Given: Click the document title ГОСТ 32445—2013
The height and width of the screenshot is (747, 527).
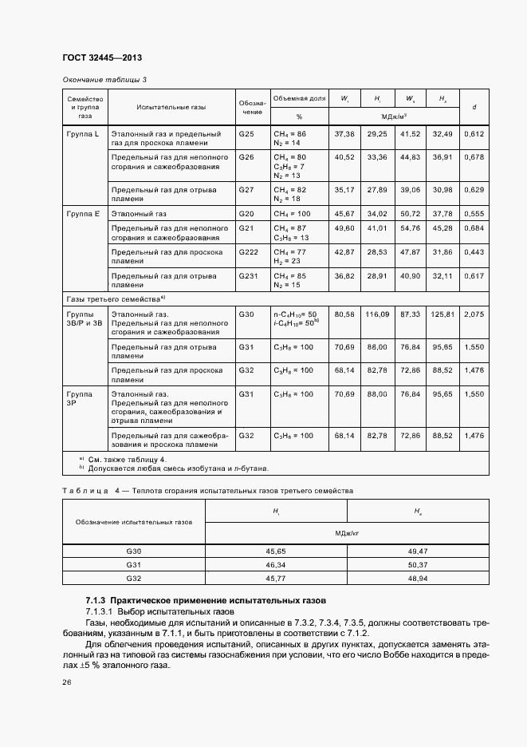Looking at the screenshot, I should [103, 57].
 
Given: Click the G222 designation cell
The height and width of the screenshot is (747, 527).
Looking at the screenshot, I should [249, 251].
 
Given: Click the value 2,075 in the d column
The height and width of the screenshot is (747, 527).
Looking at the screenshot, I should [474, 314].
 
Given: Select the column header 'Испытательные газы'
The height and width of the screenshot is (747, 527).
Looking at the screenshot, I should [171, 106].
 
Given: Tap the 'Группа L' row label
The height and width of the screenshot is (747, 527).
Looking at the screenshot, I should [83, 133].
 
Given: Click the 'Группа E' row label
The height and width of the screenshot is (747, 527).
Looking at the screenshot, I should [83, 215].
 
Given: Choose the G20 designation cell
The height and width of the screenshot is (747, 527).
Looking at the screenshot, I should [246, 215].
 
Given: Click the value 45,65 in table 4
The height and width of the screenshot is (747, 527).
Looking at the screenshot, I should [276, 551].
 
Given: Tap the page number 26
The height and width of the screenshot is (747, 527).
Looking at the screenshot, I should [67, 682].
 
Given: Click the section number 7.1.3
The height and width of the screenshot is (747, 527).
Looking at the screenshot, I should [96, 599].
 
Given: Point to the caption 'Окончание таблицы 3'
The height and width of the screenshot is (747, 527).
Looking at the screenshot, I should [104, 80].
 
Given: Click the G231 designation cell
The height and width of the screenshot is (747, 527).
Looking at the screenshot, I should [249, 275].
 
